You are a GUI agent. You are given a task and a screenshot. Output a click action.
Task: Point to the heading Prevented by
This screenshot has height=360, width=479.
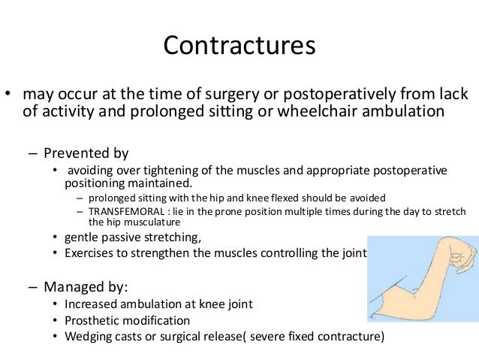click(x=86, y=153)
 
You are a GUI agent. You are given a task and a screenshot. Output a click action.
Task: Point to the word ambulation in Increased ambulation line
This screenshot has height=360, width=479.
click(x=158, y=304)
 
